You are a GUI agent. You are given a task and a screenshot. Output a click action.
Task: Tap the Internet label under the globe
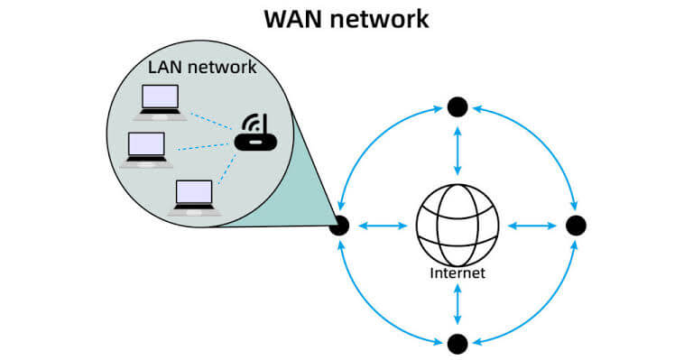(457, 272)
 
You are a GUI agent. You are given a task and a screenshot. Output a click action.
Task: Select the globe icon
(457, 226)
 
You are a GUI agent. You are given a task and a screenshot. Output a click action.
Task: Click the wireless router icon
(255, 133)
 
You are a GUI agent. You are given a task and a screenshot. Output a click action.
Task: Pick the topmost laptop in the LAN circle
(160, 103)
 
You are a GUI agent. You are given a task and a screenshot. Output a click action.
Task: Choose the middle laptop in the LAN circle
(146, 150)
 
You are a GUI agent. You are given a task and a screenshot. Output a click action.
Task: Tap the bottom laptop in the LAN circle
(194, 198)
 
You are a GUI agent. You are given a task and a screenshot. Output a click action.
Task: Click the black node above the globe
(457, 106)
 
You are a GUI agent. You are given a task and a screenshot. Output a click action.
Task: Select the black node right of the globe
(576, 226)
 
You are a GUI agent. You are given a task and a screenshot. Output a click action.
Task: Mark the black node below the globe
(457, 344)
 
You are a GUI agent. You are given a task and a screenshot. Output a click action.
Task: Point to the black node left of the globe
(339, 226)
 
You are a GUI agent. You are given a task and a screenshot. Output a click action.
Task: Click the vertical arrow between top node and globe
(457, 151)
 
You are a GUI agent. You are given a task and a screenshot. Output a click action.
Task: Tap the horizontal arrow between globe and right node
(532, 226)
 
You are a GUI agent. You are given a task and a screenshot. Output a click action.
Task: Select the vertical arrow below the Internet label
(457, 304)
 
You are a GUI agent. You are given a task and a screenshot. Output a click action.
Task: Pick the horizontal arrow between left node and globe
(383, 226)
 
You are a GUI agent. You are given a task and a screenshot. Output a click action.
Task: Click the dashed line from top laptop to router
(210, 121)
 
